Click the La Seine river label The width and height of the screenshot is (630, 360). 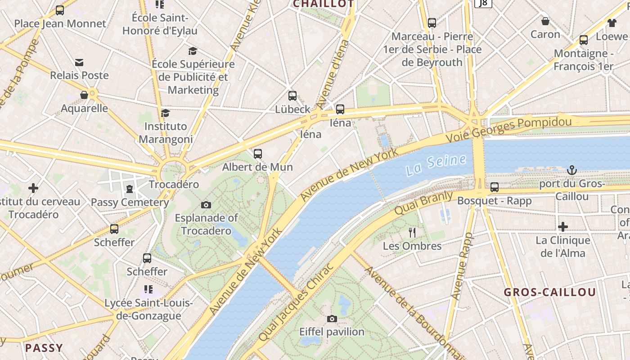click(x=436, y=165)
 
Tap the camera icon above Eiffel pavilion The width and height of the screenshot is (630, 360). click(x=332, y=319)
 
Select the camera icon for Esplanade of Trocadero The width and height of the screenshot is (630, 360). click(x=206, y=205)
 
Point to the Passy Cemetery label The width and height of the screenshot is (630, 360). click(x=130, y=202)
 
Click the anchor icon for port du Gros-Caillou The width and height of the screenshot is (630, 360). click(x=571, y=170)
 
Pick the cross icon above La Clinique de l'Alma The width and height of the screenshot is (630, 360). click(x=562, y=227)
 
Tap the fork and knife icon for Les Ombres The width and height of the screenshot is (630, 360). click(x=412, y=232)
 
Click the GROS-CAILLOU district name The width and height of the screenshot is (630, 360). click(x=550, y=292)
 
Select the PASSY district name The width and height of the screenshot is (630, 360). click(x=44, y=347)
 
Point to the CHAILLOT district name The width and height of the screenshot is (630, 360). click(x=323, y=4)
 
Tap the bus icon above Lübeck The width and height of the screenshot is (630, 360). click(x=292, y=95)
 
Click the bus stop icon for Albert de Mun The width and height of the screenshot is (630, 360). click(x=257, y=153)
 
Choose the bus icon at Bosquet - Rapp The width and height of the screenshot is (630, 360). click(x=495, y=187)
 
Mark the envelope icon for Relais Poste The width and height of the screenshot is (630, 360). click(x=79, y=62)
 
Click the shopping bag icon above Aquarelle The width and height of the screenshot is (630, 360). click(x=84, y=95)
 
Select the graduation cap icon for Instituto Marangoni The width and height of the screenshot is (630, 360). click(x=166, y=112)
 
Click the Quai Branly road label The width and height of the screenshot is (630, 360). click(x=424, y=203)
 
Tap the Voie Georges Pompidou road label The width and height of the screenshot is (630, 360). click(x=508, y=127)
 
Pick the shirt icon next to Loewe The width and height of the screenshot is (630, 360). click(x=612, y=22)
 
